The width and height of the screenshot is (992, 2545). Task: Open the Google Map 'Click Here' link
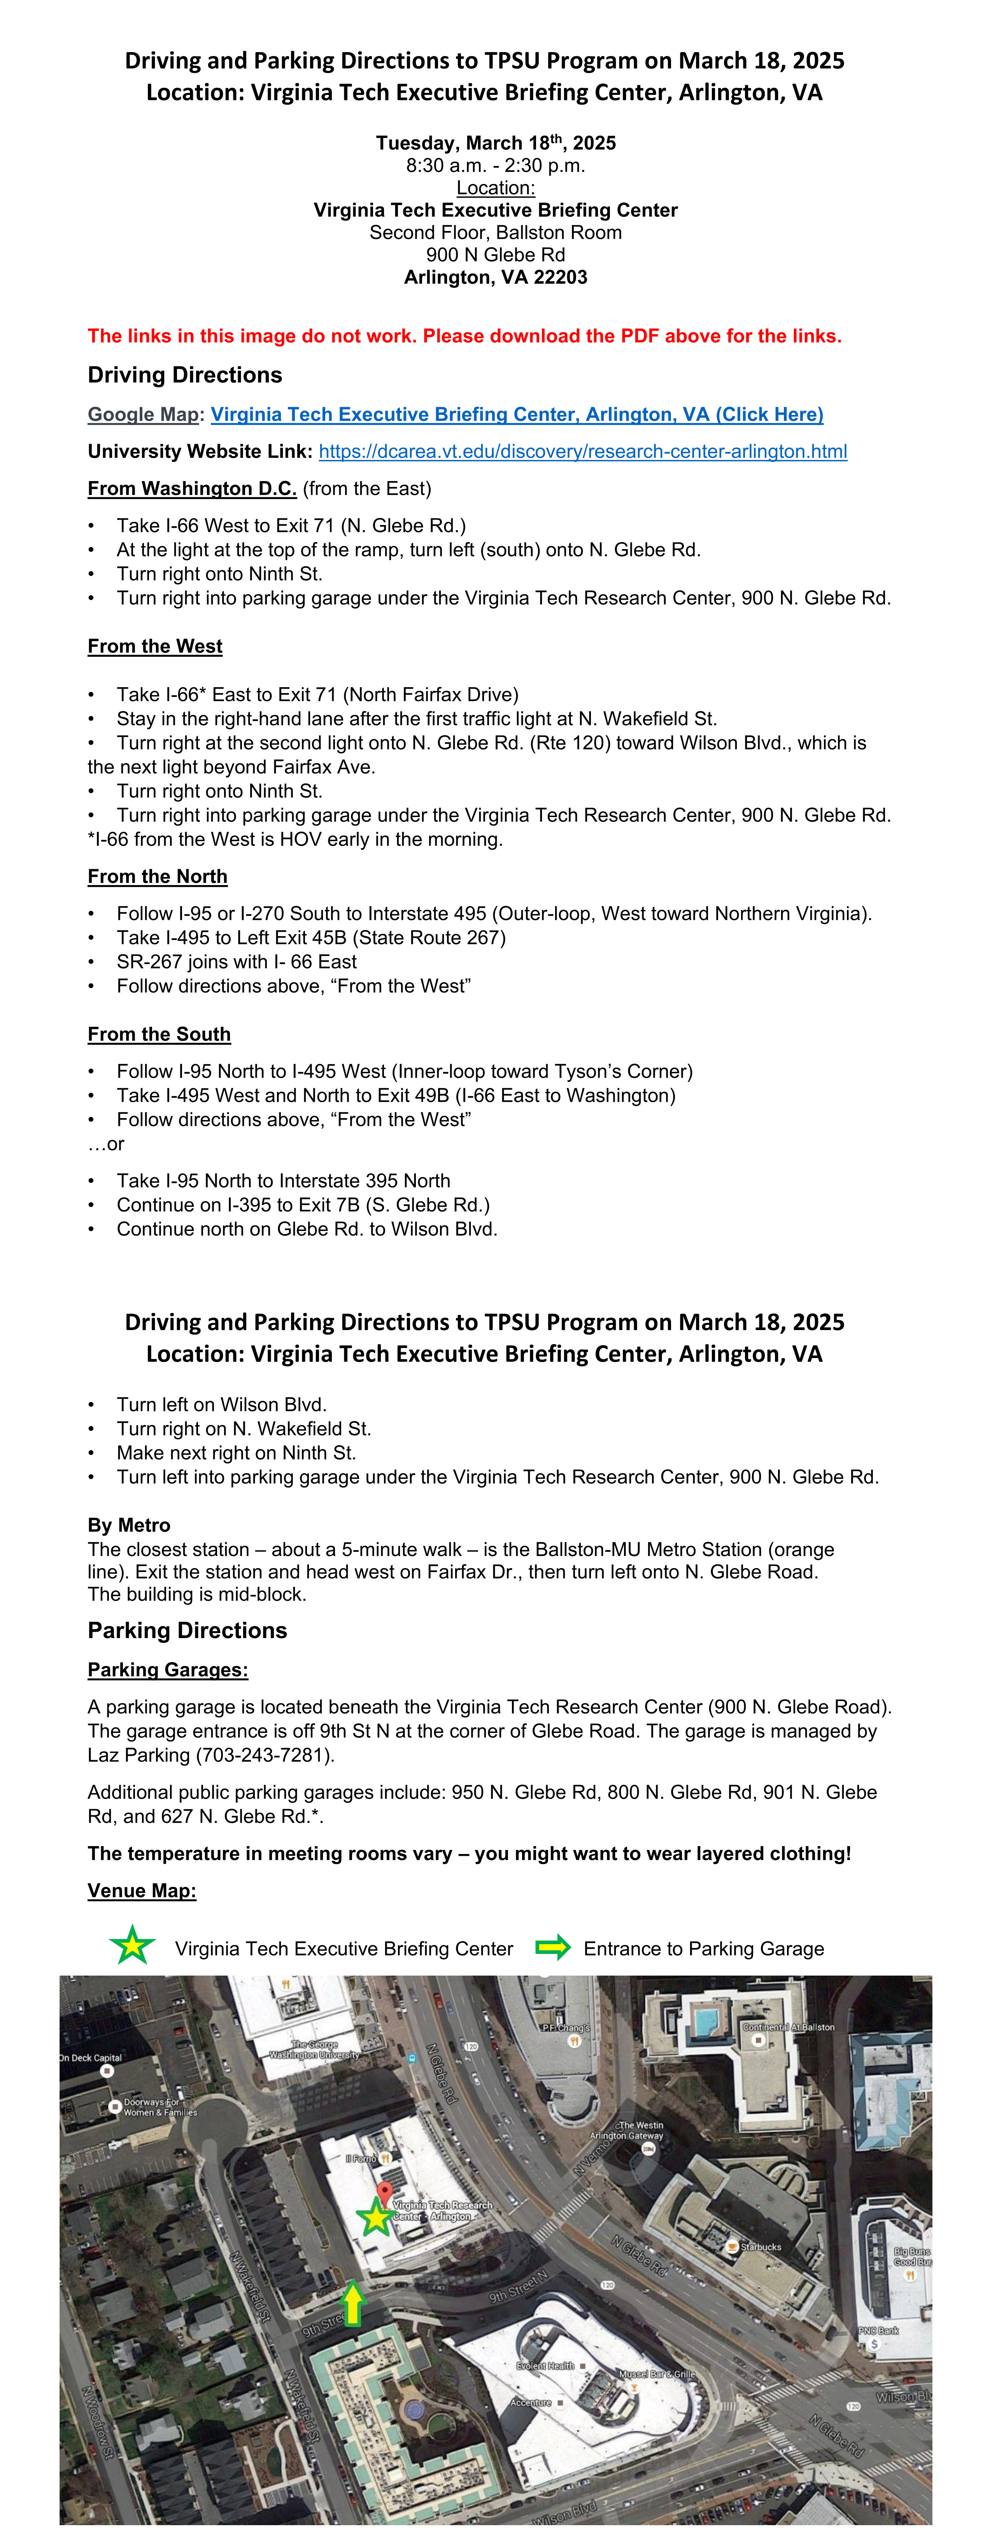[x=517, y=415]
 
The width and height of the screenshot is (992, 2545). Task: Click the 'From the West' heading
[x=155, y=646]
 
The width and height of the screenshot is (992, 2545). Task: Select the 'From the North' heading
[x=157, y=876]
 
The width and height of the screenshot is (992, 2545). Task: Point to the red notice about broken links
[x=464, y=336]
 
